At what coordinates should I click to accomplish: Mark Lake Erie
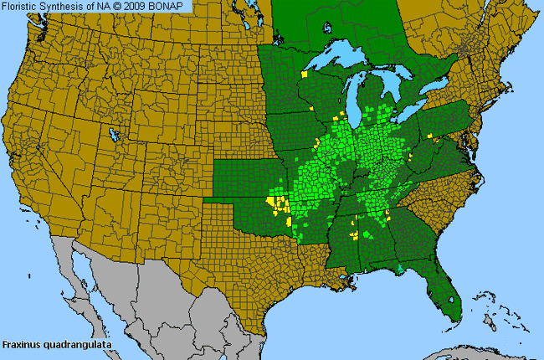click(423, 117)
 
